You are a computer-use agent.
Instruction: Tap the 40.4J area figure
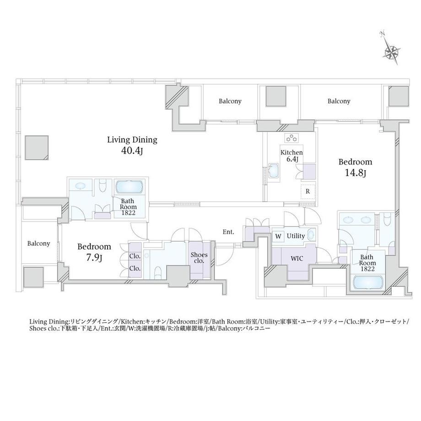[132, 151]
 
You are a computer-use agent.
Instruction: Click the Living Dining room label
[132, 140]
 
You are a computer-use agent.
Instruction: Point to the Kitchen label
[291, 152]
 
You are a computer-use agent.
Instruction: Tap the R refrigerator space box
[308, 191]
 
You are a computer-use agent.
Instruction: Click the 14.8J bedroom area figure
[356, 173]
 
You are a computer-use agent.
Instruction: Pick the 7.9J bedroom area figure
[94, 258]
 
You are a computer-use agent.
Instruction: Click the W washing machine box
[278, 236]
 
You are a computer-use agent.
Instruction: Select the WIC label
[297, 259]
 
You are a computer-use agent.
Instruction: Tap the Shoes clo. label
[199, 258]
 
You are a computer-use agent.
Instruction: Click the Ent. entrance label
[228, 232]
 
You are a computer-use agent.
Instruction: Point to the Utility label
[296, 236]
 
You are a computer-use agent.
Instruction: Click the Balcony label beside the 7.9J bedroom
[38, 243]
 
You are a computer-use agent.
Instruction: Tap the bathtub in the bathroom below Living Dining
[130, 187]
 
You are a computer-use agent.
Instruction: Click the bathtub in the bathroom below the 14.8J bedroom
[368, 283]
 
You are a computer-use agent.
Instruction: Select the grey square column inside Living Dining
[37, 148]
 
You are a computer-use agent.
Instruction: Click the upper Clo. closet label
[135, 256]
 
